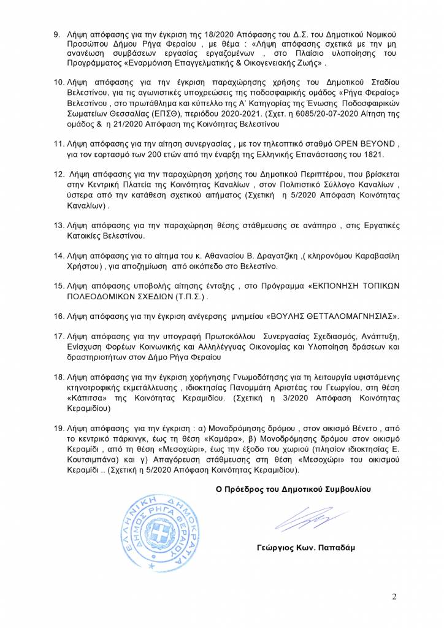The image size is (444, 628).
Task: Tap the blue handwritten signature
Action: coord(302,523)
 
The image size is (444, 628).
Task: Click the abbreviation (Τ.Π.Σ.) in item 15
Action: coord(184,296)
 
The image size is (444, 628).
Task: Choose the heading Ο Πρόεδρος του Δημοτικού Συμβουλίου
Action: coord(293,489)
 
